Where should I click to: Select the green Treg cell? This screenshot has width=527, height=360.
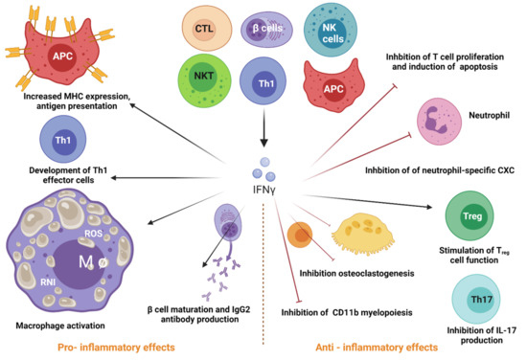click(x=470, y=213)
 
